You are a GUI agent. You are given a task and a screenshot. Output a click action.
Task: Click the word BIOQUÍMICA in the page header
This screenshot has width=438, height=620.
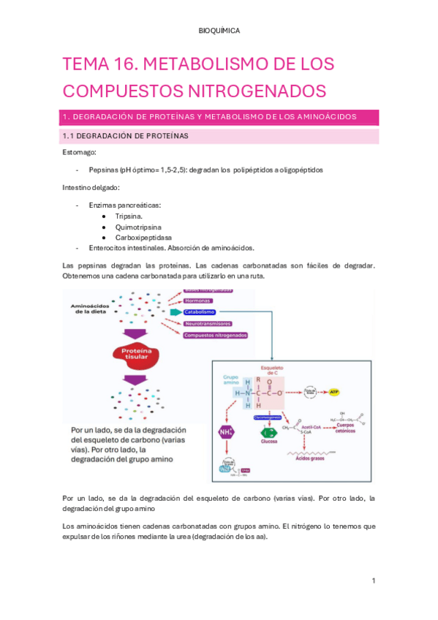tap(219, 31)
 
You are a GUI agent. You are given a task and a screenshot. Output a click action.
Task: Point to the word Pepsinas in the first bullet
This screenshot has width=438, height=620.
tap(103, 170)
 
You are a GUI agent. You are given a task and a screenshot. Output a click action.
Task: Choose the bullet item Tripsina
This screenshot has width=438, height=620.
tap(129, 216)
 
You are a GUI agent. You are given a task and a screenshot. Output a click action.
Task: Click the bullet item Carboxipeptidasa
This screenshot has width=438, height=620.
tap(142, 238)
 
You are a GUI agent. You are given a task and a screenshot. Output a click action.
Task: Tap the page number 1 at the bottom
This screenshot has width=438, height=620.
tap(373, 581)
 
